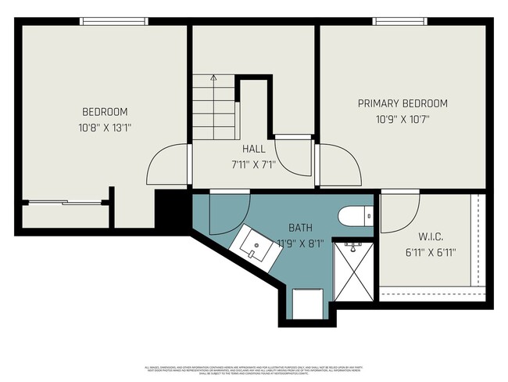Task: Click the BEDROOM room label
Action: tap(105, 112)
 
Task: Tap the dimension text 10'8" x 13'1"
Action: tap(105, 127)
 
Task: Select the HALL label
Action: tap(253, 149)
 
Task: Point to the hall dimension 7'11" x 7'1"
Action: tap(253, 165)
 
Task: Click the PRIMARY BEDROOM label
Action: tap(402, 103)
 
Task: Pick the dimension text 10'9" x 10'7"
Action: tap(402, 119)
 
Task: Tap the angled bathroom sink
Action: tap(252, 245)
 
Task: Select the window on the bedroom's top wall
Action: tap(114, 21)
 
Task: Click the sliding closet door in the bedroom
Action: tap(63, 204)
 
